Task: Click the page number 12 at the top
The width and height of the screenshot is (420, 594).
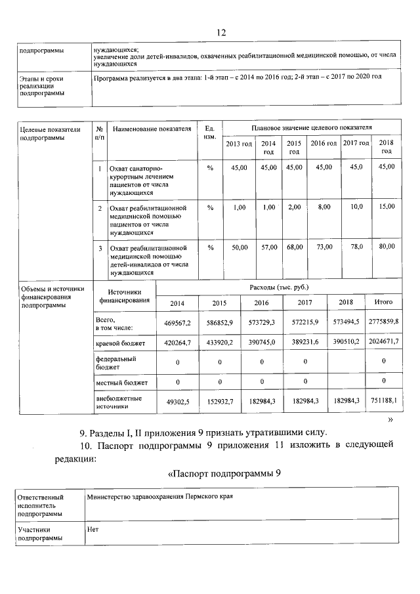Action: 220,33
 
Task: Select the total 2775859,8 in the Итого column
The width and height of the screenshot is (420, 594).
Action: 383,320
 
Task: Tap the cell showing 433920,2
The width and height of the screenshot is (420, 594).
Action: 219,343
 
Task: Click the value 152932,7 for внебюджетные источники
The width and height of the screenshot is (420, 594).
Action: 219,401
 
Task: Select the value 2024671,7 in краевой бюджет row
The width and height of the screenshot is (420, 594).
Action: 383,343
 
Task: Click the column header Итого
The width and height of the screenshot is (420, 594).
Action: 383,302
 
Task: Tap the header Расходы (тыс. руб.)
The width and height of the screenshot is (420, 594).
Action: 279,287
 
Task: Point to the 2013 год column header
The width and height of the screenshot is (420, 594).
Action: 239,144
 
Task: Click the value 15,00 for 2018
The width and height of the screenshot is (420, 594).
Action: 387,207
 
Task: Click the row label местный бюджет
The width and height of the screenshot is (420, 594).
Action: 121,382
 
